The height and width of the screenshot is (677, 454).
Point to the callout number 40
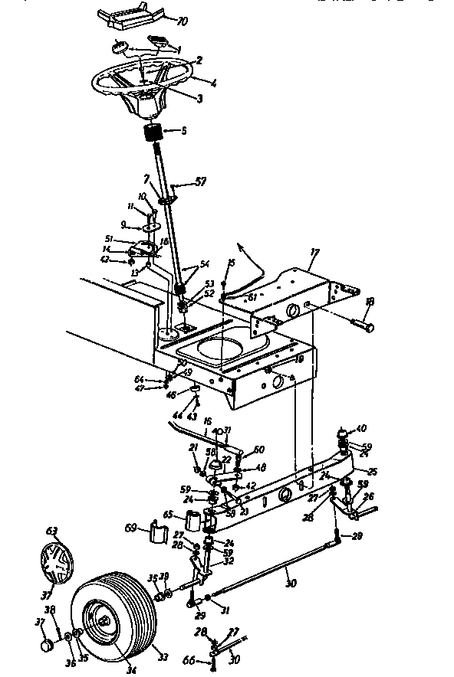pyautogui.click(x=363, y=428)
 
